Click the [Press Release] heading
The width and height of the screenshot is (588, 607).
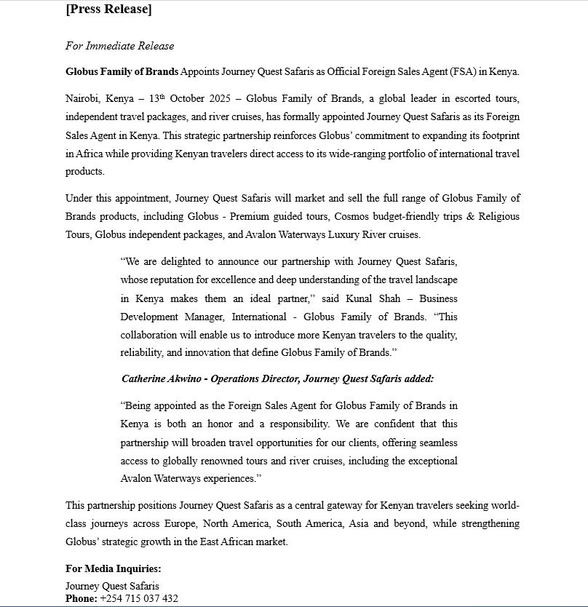coord(108,9)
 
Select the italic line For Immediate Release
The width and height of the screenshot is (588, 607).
coord(119,46)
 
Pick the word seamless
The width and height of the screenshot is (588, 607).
coord(437,443)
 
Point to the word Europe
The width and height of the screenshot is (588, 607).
coord(183,523)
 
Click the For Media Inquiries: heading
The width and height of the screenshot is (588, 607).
coord(113,568)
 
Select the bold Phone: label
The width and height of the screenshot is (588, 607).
coord(81,598)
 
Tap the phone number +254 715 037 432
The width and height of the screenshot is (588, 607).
coord(139,598)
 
